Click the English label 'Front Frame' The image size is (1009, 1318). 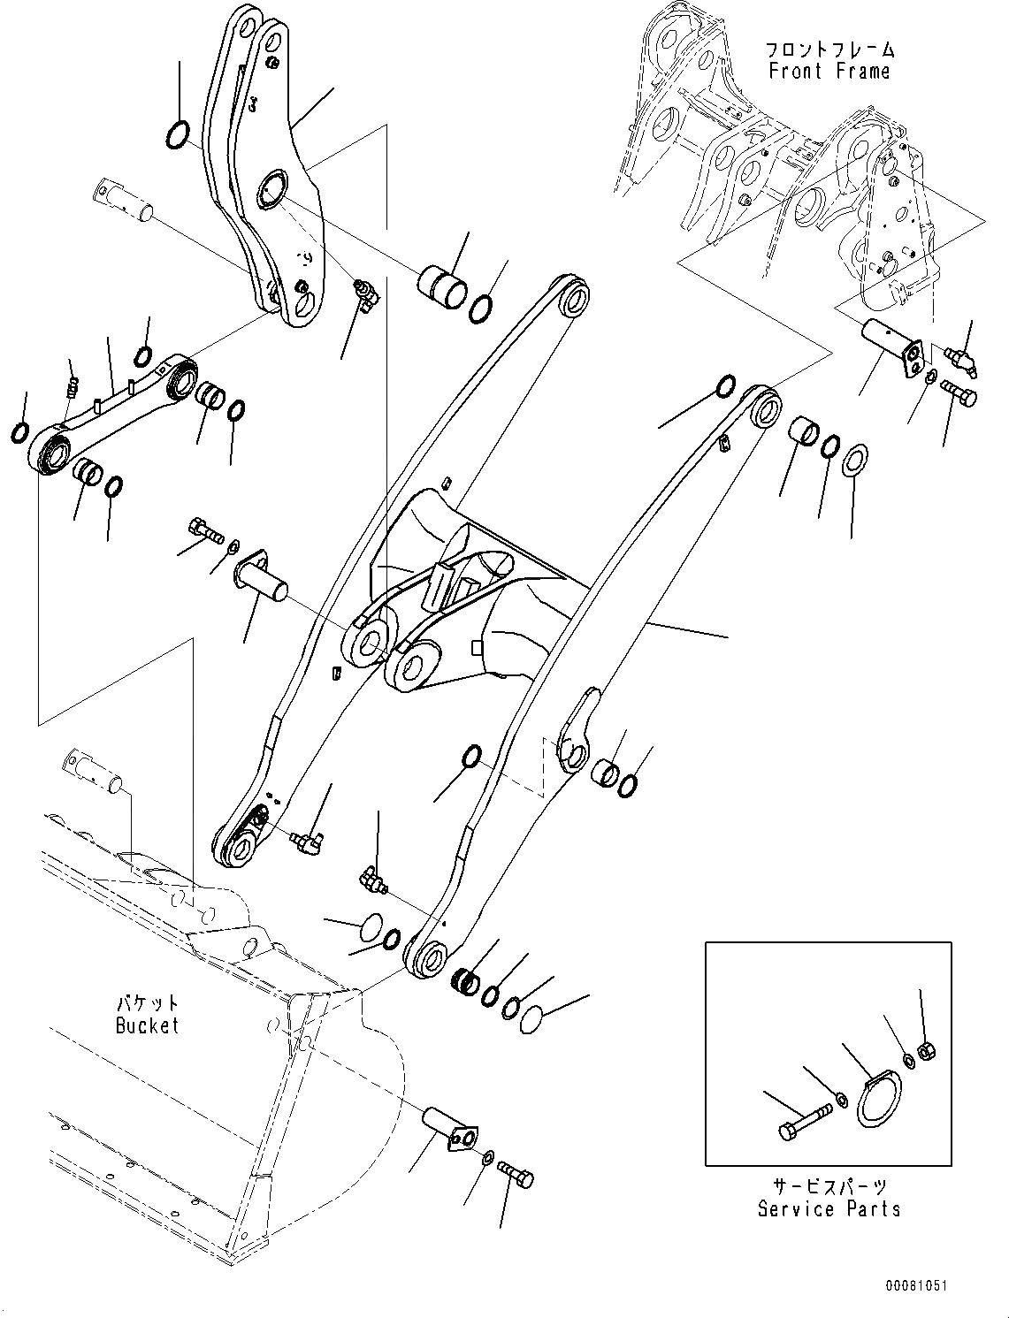829,72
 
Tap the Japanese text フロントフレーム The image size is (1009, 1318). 829,50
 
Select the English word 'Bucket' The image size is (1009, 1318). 147,1025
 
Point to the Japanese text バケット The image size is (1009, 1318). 147,1004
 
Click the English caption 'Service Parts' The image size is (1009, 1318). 829,1208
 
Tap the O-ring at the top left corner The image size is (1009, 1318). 178,133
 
